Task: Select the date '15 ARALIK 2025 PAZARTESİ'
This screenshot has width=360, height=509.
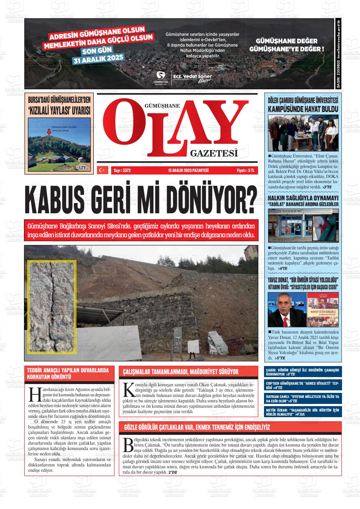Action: tap(188, 171)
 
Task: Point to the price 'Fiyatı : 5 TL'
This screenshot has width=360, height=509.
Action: tap(247, 171)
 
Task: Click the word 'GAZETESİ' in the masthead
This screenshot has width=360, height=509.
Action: tap(214, 154)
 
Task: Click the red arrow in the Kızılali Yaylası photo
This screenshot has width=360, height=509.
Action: tap(49, 133)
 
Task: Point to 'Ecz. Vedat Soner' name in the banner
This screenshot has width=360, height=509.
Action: tap(192, 76)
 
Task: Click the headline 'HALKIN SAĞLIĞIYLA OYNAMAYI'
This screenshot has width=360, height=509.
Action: tap(303, 198)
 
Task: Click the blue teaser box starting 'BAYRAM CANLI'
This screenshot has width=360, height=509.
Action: tap(303, 399)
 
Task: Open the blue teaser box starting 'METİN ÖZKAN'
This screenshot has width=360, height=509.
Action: tap(303, 412)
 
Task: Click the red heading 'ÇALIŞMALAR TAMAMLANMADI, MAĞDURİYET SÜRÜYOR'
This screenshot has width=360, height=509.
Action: tap(181, 372)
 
